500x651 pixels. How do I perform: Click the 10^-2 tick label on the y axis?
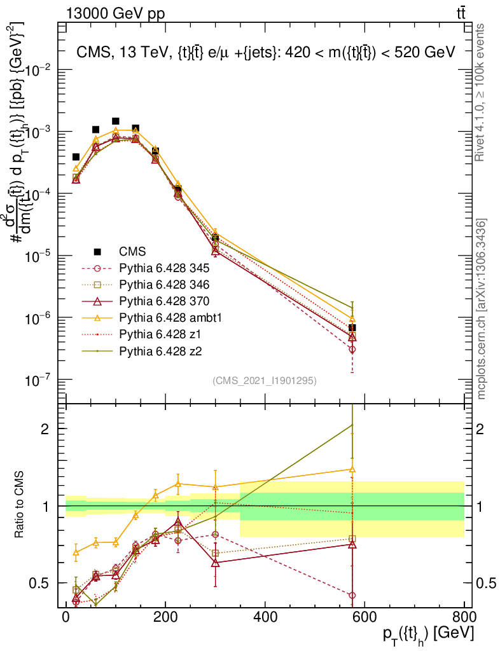(x=38, y=70)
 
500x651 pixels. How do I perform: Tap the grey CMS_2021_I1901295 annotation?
(x=265, y=380)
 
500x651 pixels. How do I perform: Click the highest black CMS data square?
(x=116, y=121)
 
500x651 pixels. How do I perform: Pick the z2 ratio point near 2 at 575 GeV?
(x=352, y=425)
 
